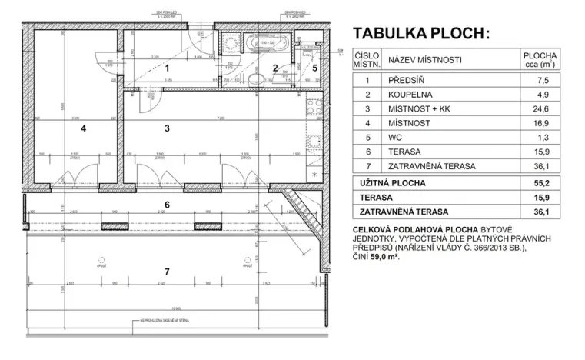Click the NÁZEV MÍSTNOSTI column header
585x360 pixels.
tap(424, 59)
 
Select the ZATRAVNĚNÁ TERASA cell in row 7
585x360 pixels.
tap(431, 166)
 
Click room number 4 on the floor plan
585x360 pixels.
tap(83, 128)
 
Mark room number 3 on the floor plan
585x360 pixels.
tap(167, 128)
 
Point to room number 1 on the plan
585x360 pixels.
tap(167, 68)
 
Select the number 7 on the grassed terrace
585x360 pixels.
tap(167, 272)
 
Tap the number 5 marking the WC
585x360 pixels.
tap(315, 68)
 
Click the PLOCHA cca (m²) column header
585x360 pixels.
tap(540, 59)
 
